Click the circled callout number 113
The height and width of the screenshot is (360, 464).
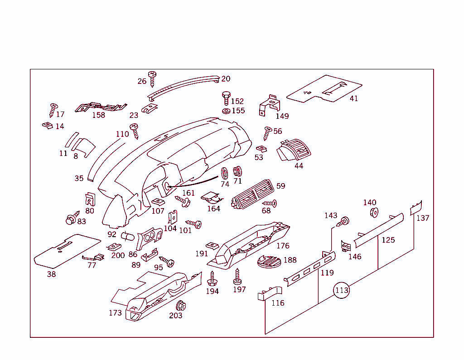tap(342, 290)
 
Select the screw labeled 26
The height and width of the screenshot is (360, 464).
tap(152, 78)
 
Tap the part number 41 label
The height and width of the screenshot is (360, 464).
tap(353, 98)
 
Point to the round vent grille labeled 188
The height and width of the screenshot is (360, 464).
tap(269, 262)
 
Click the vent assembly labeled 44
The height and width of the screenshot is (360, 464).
tap(296, 150)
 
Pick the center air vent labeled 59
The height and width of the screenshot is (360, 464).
tap(252, 195)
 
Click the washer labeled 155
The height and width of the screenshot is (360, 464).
tap(226, 111)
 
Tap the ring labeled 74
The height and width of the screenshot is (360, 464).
tap(224, 173)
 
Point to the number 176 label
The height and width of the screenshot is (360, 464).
tap(283, 246)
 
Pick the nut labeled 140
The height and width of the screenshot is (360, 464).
tap(374, 212)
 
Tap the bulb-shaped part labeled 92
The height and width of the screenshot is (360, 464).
tap(127, 236)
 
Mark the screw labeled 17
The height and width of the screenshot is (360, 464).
tap(53, 109)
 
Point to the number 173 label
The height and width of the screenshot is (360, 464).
tap(115, 313)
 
